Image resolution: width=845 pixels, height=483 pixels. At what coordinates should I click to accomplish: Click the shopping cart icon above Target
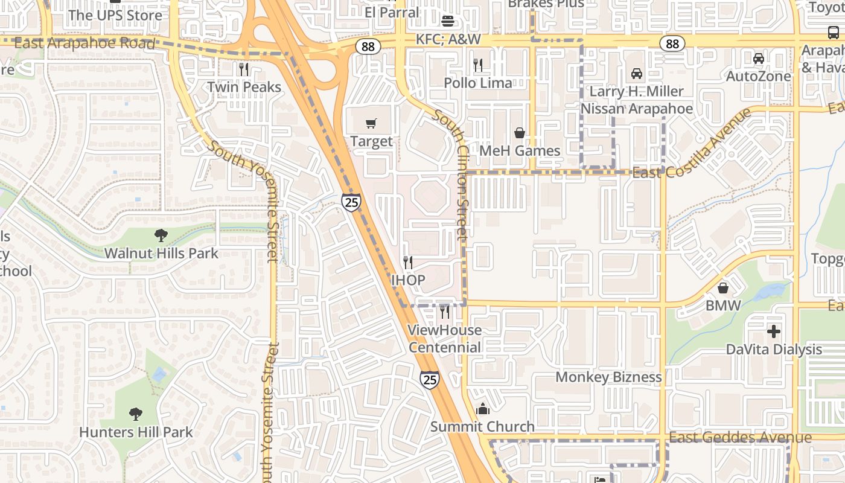point(371,124)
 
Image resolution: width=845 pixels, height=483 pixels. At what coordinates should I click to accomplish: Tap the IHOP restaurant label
point(408,280)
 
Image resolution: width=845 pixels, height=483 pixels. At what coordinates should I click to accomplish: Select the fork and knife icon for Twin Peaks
point(244,69)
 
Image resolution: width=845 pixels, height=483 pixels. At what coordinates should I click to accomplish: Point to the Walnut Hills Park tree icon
point(161,235)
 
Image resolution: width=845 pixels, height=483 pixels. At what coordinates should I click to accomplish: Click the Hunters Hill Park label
point(136,432)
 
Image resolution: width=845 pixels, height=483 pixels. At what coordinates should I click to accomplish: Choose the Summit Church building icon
point(482,409)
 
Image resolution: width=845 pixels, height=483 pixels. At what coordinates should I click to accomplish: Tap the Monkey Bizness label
point(608,377)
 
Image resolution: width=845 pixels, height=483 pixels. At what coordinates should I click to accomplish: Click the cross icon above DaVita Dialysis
point(773,331)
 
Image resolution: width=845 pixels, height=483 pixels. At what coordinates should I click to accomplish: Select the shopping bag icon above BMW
point(723,288)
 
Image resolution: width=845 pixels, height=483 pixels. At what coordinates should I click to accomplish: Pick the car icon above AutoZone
point(758,59)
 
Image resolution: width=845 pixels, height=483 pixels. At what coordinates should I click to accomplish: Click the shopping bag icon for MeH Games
point(519,133)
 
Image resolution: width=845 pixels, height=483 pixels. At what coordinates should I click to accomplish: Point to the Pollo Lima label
point(478,83)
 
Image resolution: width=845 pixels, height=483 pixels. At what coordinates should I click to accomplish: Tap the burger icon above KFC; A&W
point(448,21)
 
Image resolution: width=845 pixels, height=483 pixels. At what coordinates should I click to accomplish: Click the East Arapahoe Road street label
point(84,43)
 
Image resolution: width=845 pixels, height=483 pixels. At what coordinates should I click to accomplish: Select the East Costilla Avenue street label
point(691,143)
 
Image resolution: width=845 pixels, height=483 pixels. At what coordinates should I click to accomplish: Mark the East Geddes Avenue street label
point(740,438)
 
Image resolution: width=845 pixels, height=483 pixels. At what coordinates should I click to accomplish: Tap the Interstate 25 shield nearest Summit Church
point(430,379)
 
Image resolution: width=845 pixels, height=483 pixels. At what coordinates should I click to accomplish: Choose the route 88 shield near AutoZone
point(672,43)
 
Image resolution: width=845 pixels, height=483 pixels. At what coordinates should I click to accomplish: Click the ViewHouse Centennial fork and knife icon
point(445,312)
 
